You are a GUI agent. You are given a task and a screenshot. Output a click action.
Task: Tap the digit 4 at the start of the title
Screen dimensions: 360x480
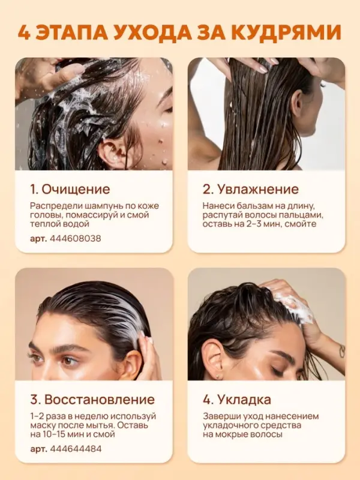click(24, 32)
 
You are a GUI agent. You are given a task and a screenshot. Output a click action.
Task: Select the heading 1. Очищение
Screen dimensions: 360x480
click(70, 189)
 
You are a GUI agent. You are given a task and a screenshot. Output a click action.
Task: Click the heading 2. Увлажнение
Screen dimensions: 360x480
click(250, 189)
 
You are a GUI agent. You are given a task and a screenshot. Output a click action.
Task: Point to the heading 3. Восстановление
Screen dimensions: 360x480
click(92, 400)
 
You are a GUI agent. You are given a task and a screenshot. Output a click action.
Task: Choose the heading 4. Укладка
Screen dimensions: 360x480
click(237, 400)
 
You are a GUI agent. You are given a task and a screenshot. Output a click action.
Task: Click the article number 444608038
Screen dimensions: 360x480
click(75, 238)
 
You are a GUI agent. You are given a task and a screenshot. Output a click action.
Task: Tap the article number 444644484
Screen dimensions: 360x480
click(76, 449)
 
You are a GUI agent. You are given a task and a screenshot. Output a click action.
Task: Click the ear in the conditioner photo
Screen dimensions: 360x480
click(296, 104)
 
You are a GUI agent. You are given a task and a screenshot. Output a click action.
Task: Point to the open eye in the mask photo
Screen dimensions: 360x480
click(68, 361)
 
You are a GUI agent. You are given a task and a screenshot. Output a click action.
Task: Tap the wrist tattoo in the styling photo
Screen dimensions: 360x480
click(342, 351)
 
